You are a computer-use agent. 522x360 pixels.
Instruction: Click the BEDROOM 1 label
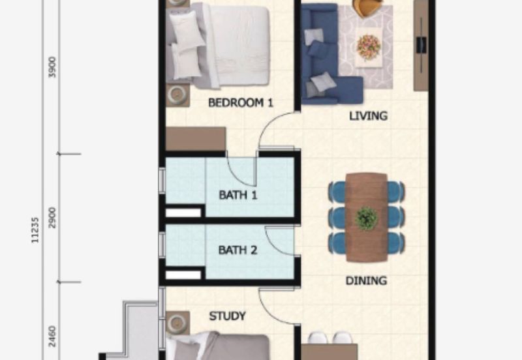240,103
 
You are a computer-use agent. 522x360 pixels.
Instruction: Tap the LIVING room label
368,116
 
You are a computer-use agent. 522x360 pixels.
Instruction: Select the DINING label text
366,281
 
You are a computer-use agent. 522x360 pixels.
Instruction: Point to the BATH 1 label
238,195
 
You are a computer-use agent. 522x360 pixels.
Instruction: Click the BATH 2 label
238,250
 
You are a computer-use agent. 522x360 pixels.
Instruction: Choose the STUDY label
227,316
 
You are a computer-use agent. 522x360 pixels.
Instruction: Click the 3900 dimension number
52,68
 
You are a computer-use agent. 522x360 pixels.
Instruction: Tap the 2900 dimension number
52,218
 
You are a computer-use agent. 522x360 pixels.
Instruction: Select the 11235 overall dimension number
35,230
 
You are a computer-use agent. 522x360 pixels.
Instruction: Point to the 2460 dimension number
52,337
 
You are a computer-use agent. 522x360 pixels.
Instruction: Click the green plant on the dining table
366,218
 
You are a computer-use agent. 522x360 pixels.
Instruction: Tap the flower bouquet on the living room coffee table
369,46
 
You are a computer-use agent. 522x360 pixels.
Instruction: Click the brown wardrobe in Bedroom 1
196,139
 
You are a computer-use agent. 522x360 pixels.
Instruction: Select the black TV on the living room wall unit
421,45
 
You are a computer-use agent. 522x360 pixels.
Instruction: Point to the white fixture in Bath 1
183,213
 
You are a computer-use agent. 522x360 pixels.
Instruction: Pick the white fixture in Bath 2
183,275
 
